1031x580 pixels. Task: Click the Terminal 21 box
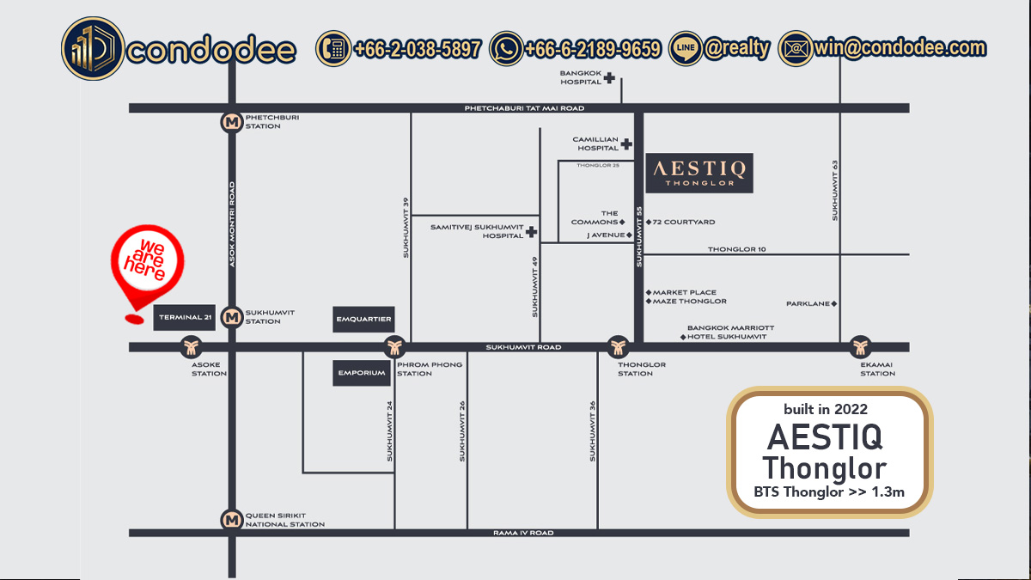pyautogui.click(x=185, y=318)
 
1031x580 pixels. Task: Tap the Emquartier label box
pyautogui.click(x=363, y=320)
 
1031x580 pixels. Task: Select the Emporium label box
pyautogui.click(x=360, y=373)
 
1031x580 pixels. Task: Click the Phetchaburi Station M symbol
pyautogui.click(x=230, y=122)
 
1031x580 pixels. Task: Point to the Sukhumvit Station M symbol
pyautogui.click(x=230, y=317)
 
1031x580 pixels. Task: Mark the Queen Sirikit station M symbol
pyautogui.click(x=230, y=520)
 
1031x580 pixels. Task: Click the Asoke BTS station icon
pyautogui.click(x=192, y=347)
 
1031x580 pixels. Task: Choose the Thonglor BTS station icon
pyautogui.click(x=618, y=347)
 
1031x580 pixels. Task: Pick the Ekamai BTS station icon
pyautogui.click(x=860, y=347)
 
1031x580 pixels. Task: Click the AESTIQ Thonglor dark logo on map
pyautogui.click(x=700, y=174)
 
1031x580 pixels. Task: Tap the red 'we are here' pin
pyautogui.click(x=149, y=262)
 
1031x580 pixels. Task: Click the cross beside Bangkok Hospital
pyautogui.click(x=609, y=78)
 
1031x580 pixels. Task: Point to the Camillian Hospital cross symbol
pyautogui.click(x=627, y=143)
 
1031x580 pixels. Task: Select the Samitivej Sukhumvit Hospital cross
pyautogui.click(x=532, y=232)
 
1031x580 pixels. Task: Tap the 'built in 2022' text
pyautogui.click(x=825, y=409)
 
